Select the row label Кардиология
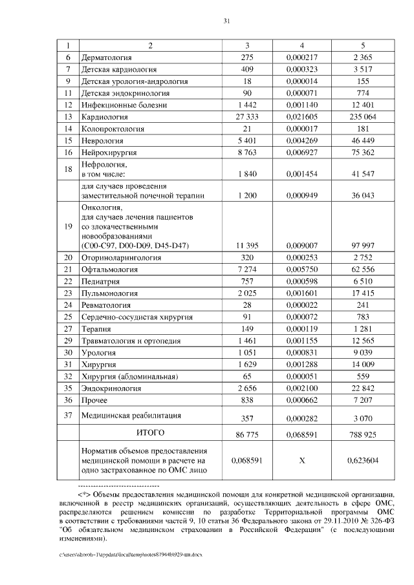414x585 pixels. tap(104, 117)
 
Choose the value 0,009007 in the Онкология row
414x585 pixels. tap(301, 245)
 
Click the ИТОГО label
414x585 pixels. tap(149, 432)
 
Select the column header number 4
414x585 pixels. tap(301, 46)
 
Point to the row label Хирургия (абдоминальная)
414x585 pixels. tap(129, 376)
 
